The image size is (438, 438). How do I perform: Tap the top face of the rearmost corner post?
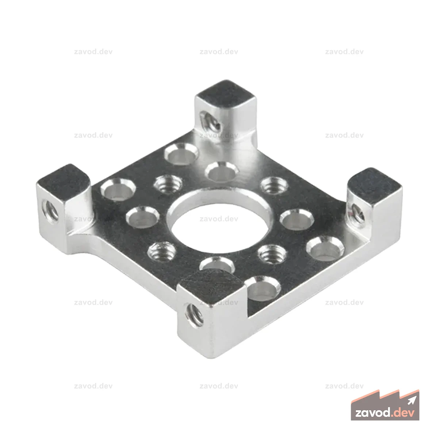point(226,92)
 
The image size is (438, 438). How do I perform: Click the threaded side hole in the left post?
point(50,210)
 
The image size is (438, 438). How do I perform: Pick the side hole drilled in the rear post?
point(211,122)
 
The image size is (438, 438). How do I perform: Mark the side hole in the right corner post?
point(358,214)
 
